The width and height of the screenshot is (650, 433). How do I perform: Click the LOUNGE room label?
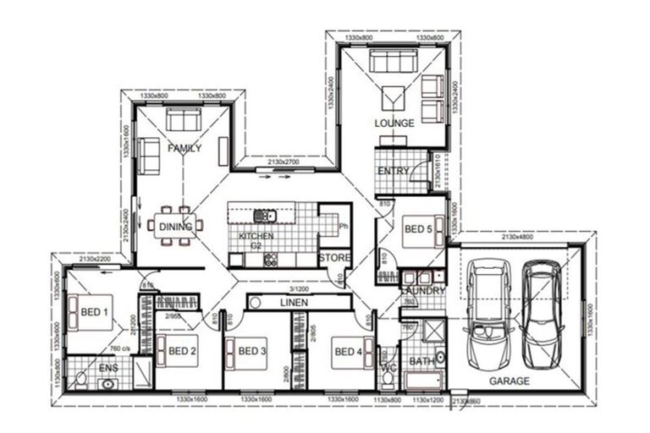394,123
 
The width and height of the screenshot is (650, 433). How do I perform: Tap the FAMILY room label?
185,149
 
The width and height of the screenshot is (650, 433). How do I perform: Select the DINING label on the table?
175,227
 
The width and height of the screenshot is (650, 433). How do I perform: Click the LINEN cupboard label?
295,303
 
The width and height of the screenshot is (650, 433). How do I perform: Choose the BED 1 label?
95,312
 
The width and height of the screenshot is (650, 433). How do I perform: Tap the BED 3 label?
252,352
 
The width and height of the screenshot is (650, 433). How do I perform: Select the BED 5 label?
418,229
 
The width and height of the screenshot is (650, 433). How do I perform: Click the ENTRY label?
393,172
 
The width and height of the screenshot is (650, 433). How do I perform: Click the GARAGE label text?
510,381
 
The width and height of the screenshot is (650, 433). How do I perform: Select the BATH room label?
421,362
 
